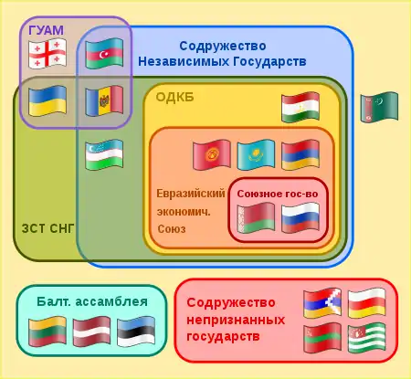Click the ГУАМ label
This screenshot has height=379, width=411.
point(47,30)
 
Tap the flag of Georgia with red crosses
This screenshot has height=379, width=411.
point(47,54)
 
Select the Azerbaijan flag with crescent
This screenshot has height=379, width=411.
point(104,54)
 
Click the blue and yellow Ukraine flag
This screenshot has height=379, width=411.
point(47,101)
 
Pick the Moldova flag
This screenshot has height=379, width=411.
point(104,101)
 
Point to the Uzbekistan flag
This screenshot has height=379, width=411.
point(104,154)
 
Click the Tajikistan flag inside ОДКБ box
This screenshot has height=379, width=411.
point(300,107)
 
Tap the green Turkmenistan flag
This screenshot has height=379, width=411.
point(379,107)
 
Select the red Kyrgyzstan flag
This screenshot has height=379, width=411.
point(212,154)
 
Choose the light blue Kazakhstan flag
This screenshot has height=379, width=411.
point(256,154)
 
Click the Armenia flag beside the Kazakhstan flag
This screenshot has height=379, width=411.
point(300,154)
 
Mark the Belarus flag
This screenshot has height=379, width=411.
point(256,218)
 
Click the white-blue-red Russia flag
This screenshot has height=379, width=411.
point(300,218)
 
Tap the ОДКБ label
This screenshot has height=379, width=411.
point(174,98)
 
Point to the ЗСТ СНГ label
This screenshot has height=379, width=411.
point(47,228)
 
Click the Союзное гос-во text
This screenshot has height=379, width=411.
point(278,194)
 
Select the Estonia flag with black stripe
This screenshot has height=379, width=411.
point(136,332)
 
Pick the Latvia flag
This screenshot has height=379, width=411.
point(91,332)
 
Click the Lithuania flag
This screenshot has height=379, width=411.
point(47,332)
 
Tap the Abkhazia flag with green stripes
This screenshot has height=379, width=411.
point(366,338)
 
